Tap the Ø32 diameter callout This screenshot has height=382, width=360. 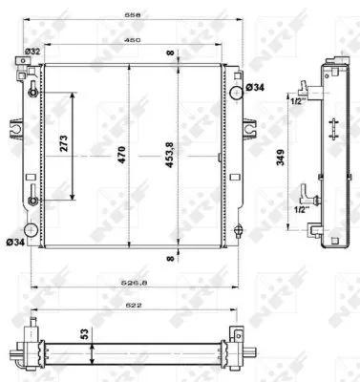click(32, 52)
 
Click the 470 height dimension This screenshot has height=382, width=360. click(122, 154)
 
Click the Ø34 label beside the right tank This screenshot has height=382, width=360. click(256, 88)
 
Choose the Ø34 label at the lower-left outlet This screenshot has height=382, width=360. click(14, 242)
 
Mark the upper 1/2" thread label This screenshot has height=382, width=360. click(297, 100)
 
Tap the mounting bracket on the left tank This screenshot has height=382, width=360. click(16, 126)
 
